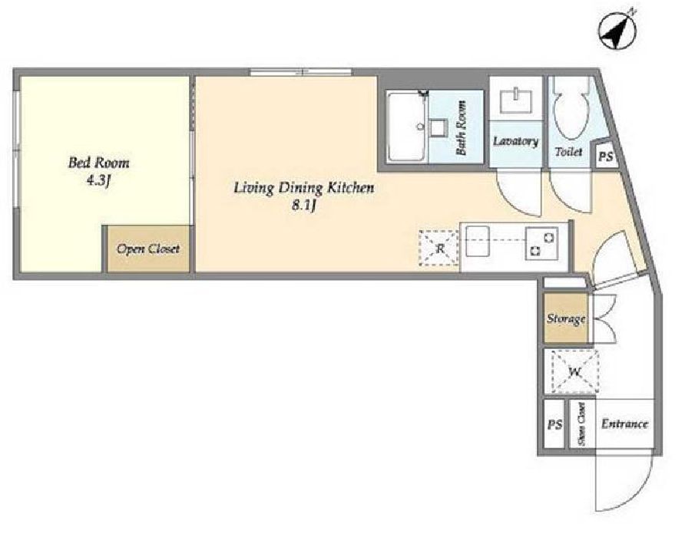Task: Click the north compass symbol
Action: tap(617, 30)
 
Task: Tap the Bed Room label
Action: tap(99, 163)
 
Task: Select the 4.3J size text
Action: tap(98, 181)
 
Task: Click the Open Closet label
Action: tap(148, 249)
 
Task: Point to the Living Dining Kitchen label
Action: tap(304, 188)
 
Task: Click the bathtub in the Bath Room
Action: tap(407, 127)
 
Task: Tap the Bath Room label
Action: tap(461, 127)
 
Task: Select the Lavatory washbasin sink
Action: tap(516, 100)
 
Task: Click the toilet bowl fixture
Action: tap(571, 109)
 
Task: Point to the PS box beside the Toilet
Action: tap(605, 156)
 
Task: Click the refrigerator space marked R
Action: tap(439, 249)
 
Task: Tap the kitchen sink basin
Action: tap(478, 241)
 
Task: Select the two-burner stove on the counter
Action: tap(542, 244)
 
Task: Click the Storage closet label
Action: tap(566, 318)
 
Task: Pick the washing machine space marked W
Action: tap(575, 372)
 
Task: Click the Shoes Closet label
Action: tap(582, 424)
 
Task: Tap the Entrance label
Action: tap(624, 423)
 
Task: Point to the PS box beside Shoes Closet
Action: tap(554, 424)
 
